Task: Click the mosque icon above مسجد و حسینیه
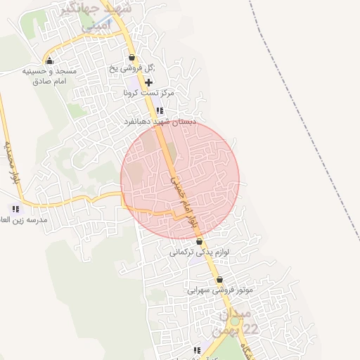click(49, 60)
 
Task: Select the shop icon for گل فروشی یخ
click(131, 58)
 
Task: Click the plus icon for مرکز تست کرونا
click(148, 82)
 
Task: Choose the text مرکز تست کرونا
click(148, 93)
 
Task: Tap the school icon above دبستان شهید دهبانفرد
click(160, 110)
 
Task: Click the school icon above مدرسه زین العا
click(15, 209)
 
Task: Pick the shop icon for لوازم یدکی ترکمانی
click(200, 241)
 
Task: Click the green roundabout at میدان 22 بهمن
click(234, 321)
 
